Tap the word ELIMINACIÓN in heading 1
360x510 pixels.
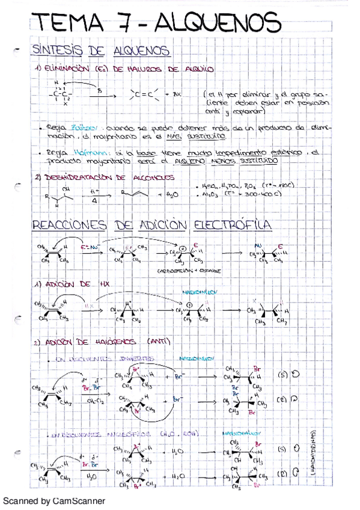(x=66, y=70)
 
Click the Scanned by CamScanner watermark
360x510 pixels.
(x=53, y=500)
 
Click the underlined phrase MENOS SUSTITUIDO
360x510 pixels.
(x=246, y=162)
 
